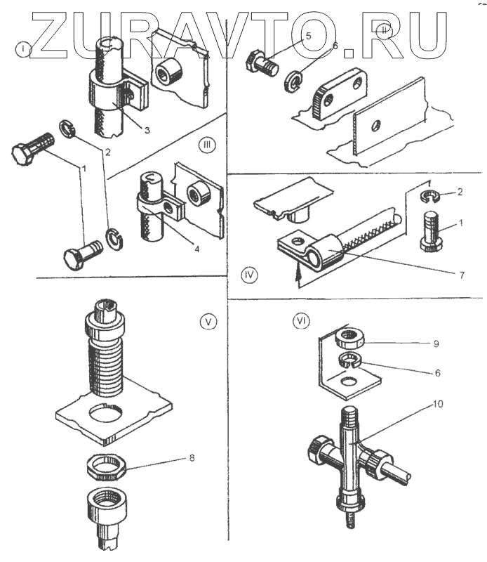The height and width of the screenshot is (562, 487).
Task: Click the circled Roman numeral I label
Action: (x=25, y=50)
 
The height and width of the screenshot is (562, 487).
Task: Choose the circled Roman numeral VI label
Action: (x=300, y=321)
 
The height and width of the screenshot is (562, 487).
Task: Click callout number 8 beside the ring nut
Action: (x=193, y=457)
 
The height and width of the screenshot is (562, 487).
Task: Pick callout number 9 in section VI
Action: (x=436, y=344)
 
